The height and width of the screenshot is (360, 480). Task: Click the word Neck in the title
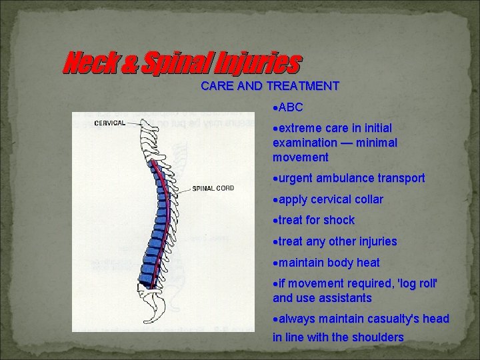pos(85,65)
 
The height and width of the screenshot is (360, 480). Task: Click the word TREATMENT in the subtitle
pos(302,86)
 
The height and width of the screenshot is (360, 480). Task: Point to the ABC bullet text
pos(291,107)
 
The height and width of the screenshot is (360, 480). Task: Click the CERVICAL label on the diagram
pos(109,123)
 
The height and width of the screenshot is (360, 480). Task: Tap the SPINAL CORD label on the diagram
pos(213,188)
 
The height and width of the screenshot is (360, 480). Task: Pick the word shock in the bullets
pos(339,220)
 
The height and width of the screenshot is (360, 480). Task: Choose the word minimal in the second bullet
pos(377,143)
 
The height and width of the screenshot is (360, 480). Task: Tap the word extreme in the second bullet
pos(299,127)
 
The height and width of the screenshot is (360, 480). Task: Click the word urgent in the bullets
pos(296,178)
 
